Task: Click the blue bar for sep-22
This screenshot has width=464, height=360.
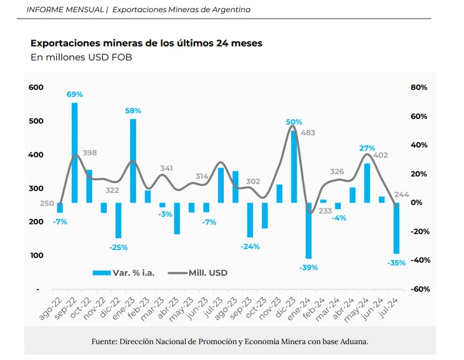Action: (x=75, y=153)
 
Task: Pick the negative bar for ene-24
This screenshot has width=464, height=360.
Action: (x=309, y=231)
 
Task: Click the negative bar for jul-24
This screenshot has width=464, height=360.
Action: (x=397, y=228)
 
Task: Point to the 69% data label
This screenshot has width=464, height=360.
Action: (x=75, y=94)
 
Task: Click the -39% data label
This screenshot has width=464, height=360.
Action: (x=309, y=268)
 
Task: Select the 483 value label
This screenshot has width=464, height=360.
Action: (x=308, y=133)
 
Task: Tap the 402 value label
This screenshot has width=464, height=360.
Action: (x=381, y=155)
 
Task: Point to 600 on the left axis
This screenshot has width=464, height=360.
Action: (x=36, y=87)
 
